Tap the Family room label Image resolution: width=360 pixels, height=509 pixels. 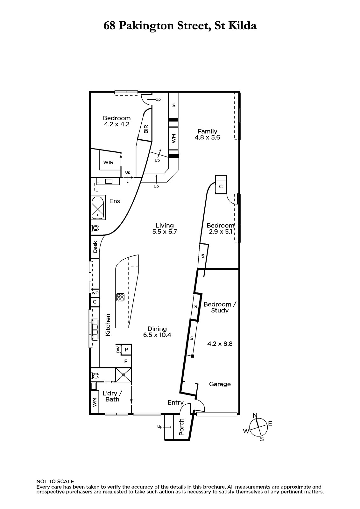coord(207,131)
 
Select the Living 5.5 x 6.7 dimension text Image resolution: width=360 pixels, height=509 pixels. coord(165,232)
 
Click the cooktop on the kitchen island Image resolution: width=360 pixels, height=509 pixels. coord(120,297)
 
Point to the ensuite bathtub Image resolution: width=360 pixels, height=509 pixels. coord(98,207)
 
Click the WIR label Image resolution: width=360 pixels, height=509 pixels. coord(108,163)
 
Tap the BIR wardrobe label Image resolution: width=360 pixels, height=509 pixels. coord(146,129)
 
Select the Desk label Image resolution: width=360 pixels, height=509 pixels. coord(95,247)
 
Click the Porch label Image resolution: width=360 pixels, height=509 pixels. coord(181,427)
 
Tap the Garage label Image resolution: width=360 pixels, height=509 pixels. coord(220,384)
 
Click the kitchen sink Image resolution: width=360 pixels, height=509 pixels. coord(95,330)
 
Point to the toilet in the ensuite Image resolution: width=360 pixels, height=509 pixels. coord(95,227)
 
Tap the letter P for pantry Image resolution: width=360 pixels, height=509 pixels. coord(126,350)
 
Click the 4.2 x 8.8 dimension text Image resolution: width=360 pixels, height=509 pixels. coord(220,344)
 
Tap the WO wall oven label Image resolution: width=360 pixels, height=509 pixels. coord(95,293)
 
